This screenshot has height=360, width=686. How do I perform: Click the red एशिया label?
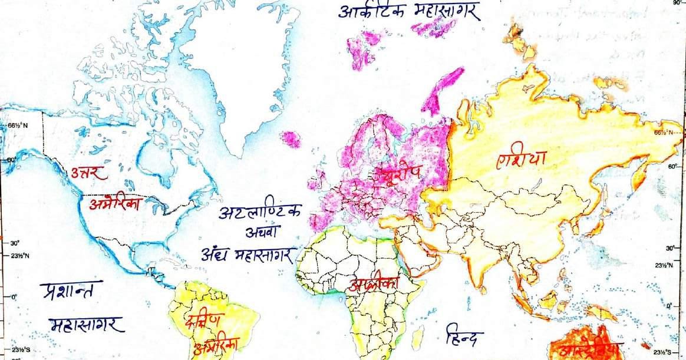coord(522,159)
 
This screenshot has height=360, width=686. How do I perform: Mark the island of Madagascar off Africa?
coord(418,336)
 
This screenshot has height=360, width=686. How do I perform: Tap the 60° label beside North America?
coord(12,160)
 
